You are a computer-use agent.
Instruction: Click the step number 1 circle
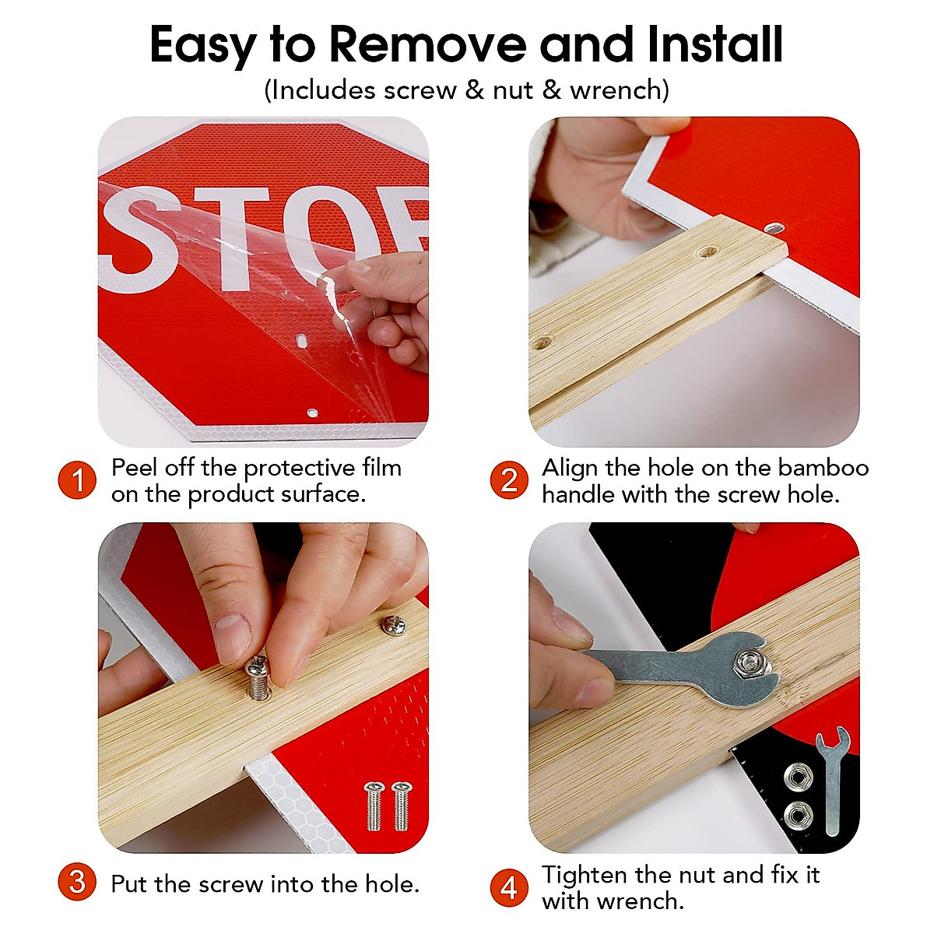(77, 480)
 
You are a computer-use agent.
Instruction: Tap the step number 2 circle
(509, 480)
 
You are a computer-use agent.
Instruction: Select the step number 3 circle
(77, 882)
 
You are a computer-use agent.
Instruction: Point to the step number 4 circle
(509, 888)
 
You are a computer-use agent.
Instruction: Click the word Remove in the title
(427, 44)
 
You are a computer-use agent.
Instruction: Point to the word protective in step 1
(300, 469)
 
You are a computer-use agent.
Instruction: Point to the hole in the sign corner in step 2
(774, 227)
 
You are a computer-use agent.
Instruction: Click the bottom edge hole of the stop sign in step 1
(313, 413)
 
